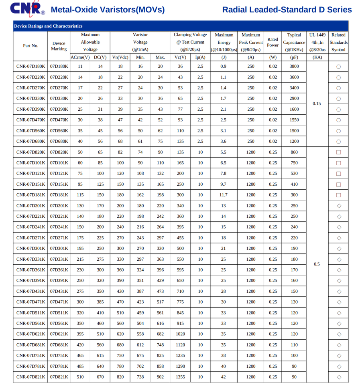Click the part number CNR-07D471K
click(31, 302)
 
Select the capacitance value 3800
click(294, 67)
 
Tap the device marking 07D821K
click(59, 377)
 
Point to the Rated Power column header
click(273, 42)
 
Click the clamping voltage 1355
click(180, 377)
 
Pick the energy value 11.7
click(224, 195)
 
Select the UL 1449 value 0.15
click(317, 103)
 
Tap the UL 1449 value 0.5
click(317, 264)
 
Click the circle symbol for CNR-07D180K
click(339, 67)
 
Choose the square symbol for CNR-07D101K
click(339, 163)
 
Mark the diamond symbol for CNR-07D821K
click(339, 377)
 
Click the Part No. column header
click(31, 46)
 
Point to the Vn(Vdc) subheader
click(120, 57)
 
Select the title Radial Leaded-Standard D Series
click(287, 10)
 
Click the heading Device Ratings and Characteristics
click(48, 26)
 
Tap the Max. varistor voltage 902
click(160, 377)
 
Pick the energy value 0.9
click(224, 67)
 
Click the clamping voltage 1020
click(180, 334)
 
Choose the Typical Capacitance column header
click(294, 42)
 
